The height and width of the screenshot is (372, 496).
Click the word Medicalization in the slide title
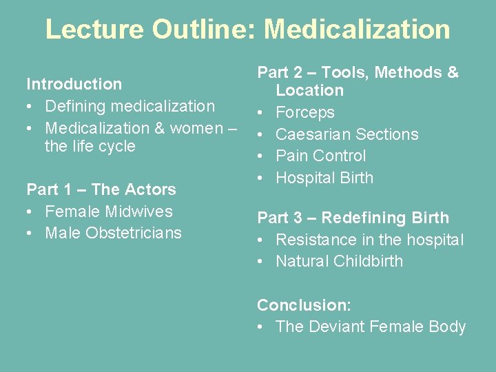[x=357, y=29]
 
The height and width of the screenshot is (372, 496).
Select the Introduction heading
[x=74, y=84]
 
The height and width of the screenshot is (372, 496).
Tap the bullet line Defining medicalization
[x=130, y=106]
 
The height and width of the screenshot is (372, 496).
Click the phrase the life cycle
[x=90, y=146]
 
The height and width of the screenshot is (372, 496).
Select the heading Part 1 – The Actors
[x=101, y=189]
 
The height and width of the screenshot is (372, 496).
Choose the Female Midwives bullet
[x=108, y=211]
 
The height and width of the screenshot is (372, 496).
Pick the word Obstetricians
[x=134, y=233]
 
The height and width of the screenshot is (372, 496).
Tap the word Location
[x=309, y=90]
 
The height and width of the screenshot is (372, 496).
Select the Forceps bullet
[x=304, y=112]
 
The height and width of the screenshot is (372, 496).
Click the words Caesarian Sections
[x=347, y=134]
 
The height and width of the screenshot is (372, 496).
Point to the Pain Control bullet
[x=320, y=156]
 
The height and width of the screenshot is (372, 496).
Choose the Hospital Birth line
[x=324, y=178]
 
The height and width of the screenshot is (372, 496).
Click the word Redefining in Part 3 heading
[x=361, y=218]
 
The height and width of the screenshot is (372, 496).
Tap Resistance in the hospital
[x=369, y=240]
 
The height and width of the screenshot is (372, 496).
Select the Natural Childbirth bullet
[x=339, y=261]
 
